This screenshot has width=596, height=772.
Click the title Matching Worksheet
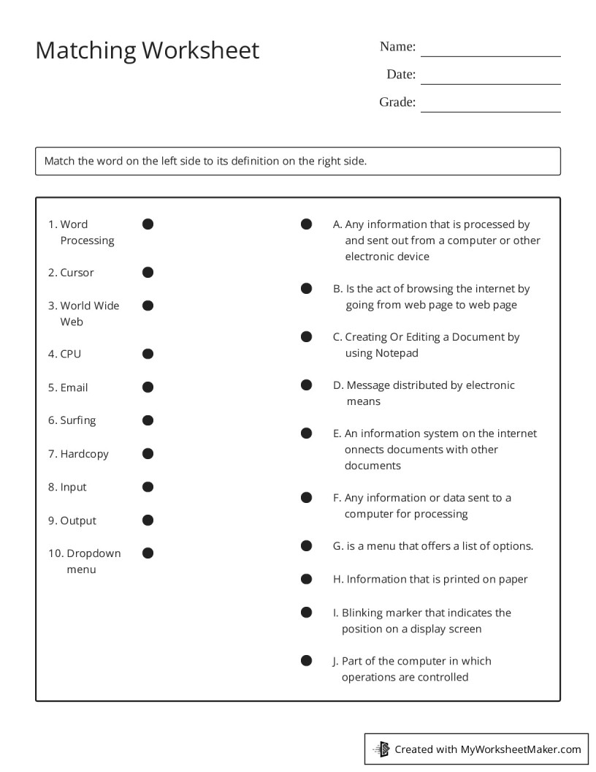point(147,50)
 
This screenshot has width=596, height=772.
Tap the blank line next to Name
point(490,55)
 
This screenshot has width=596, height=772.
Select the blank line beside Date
point(490,83)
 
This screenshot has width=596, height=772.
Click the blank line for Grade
point(490,110)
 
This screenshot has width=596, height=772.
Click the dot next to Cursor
point(148,273)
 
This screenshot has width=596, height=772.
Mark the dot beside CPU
point(148,354)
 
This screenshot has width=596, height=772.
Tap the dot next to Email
point(148,387)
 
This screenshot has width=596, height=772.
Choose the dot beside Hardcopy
point(148,454)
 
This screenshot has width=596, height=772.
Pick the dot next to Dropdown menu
point(148,553)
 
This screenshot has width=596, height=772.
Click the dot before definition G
point(307,546)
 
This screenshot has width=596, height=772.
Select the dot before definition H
point(307,579)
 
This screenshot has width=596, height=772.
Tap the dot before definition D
point(307,385)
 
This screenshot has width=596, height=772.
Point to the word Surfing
point(78,420)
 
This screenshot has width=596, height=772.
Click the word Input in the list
point(73,487)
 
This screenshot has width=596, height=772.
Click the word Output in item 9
point(78,521)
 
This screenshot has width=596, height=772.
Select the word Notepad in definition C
point(397,353)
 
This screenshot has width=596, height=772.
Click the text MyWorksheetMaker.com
point(521,749)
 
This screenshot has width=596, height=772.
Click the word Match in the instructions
point(60,161)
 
